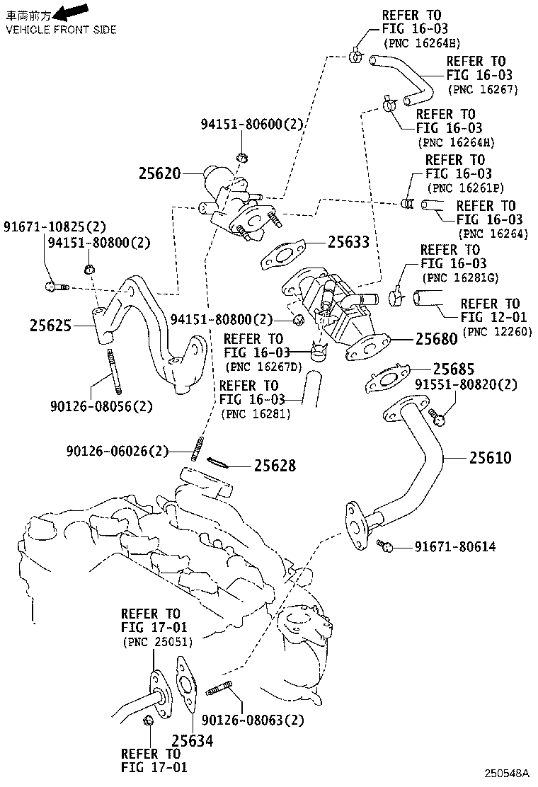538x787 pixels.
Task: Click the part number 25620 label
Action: (x=160, y=173)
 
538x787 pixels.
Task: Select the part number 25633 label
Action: (x=348, y=242)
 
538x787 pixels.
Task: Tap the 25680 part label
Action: (x=436, y=339)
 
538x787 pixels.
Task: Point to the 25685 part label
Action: (x=454, y=369)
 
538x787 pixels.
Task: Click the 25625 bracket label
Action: (x=51, y=326)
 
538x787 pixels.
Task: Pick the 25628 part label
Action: (x=275, y=466)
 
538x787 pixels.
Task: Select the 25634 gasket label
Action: (x=193, y=741)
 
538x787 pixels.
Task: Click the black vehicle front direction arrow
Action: (x=73, y=11)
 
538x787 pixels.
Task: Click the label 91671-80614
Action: (x=455, y=546)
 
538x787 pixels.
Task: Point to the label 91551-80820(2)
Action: (x=466, y=385)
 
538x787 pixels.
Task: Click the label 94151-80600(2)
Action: (x=251, y=125)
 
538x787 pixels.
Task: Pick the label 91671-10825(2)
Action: (x=54, y=226)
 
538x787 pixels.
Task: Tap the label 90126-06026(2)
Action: (x=118, y=451)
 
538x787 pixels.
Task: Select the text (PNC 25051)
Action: (x=156, y=641)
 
